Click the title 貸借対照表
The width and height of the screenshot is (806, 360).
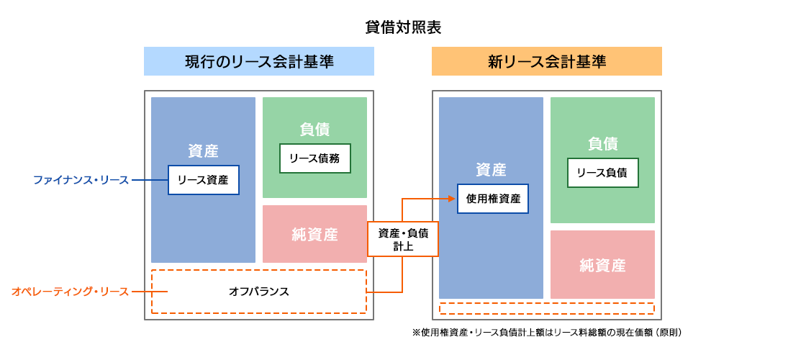pyautogui.click(x=403, y=28)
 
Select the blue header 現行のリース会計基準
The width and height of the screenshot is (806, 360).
pyautogui.click(x=259, y=61)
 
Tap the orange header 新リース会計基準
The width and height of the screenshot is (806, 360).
pyautogui.click(x=547, y=61)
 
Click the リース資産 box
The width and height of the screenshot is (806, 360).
pyautogui.click(x=204, y=180)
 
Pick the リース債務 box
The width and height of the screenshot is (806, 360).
pyautogui.click(x=315, y=158)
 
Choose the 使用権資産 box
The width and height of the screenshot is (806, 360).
pyautogui.click(x=493, y=199)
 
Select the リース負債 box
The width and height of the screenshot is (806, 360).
pyautogui.click(x=603, y=173)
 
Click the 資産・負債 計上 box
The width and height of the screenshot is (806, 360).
pyautogui.click(x=403, y=239)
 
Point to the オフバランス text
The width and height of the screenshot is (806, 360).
pyautogui.click(x=259, y=292)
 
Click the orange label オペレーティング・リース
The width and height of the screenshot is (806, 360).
pyautogui.click(x=70, y=292)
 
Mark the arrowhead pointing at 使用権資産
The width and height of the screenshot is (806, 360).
pyautogui.click(x=453, y=199)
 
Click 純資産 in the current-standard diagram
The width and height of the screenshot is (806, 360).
pyautogui.click(x=315, y=235)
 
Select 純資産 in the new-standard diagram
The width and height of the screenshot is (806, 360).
pyautogui.click(x=603, y=266)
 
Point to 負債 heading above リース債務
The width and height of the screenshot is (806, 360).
pyautogui.click(x=315, y=130)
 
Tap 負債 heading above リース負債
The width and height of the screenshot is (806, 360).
pyautogui.click(x=603, y=144)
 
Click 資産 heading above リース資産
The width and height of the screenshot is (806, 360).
pyautogui.click(x=204, y=151)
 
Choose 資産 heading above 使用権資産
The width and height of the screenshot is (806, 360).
pyautogui.click(x=492, y=170)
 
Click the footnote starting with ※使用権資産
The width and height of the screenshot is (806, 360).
pyautogui.click(x=547, y=333)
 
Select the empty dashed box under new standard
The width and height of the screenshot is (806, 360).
pyautogui.click(x=547, y=309)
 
